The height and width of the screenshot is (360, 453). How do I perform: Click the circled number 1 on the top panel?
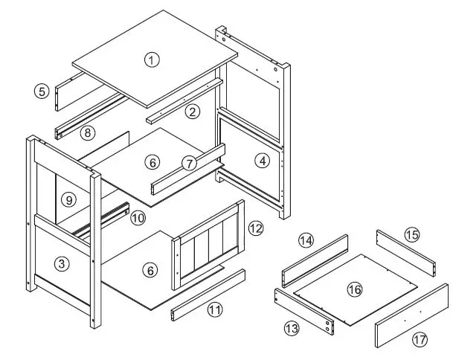152,60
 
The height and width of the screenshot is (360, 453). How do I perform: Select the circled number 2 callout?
193,112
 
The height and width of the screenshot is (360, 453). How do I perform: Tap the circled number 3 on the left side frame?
62,263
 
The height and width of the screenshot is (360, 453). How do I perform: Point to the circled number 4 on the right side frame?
262,158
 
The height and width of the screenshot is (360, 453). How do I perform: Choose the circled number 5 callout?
42,91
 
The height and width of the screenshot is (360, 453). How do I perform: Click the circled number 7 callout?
189,162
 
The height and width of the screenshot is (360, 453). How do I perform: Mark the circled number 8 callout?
88,133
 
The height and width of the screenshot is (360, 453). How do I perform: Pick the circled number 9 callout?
67,199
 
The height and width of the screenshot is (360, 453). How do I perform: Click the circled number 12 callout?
255,228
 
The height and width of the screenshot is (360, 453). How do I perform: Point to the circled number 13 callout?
292,327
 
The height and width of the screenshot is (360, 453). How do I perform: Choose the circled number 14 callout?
306,240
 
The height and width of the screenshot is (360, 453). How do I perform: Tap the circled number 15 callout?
412,234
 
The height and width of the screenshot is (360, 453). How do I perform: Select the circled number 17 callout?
420,339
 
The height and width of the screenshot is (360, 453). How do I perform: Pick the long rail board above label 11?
208,294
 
